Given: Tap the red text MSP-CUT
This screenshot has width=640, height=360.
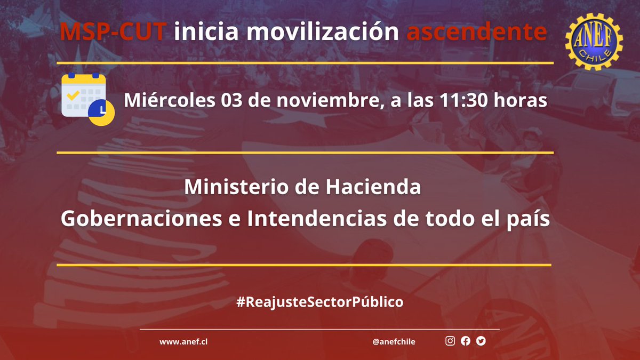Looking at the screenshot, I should (114, 33).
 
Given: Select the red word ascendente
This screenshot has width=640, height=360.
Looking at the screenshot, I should (476, 33).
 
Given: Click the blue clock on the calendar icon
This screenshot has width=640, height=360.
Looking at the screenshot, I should (101, 111).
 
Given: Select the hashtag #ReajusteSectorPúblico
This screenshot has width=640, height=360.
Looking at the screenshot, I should (319, 302).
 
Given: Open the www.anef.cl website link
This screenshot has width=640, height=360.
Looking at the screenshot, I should (183, 342).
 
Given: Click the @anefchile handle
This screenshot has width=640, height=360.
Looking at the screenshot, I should (394, 342).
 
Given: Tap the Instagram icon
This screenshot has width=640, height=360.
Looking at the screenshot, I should (450, 341).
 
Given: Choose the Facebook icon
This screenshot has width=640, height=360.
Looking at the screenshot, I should (466, 341).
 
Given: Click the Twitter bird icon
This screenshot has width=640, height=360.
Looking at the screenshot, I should (481, 341).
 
